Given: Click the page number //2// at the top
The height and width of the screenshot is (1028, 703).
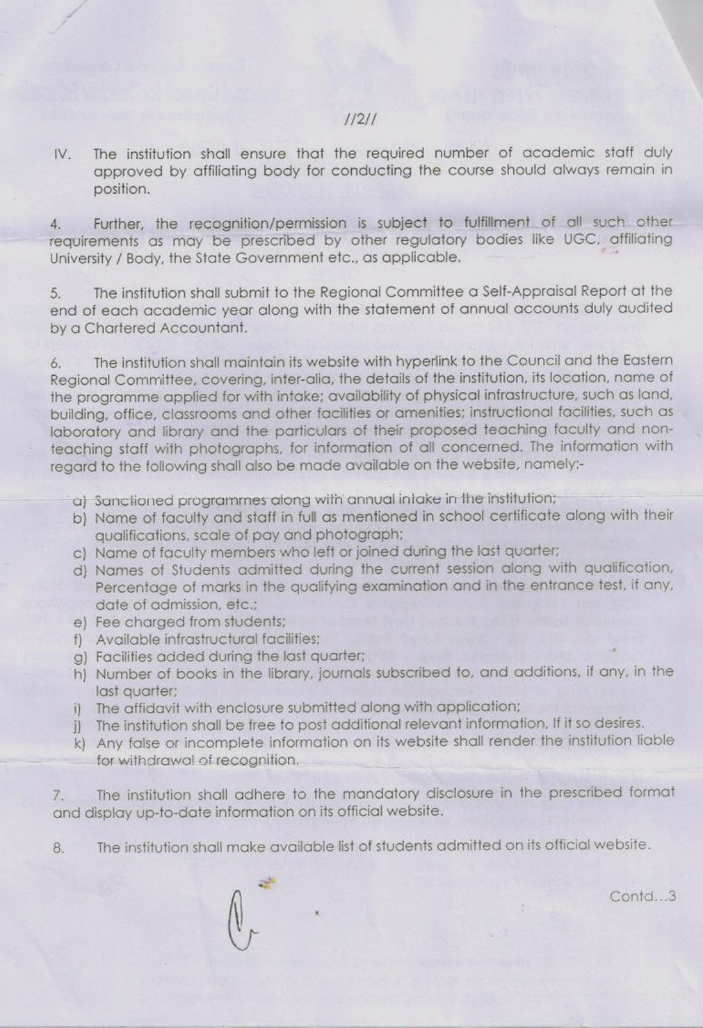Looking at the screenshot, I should tap(361, 119).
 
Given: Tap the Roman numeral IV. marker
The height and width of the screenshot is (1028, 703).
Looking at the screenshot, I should tap(62, 154).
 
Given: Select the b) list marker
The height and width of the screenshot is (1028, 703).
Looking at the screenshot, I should tap(79, 518).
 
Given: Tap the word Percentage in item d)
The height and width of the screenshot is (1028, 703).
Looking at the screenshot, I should tap(134, 587).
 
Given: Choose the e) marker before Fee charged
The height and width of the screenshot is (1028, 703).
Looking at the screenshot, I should tap(79, 622).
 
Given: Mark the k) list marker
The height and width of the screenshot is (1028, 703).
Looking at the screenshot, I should tap(79, 743).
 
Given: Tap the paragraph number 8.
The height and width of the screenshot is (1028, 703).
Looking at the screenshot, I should tap(58, 848).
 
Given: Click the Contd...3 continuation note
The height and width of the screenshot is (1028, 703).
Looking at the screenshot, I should tap(643, 897).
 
